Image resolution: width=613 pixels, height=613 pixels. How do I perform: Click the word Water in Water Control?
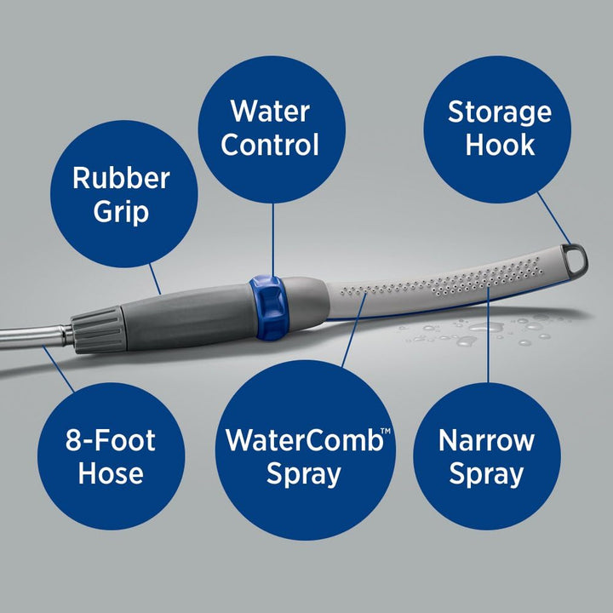[271, 111]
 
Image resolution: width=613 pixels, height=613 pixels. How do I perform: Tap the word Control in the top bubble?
[271, 144]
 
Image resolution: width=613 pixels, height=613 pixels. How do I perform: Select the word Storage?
[500, 112]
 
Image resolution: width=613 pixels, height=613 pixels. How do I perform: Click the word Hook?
[500, 145]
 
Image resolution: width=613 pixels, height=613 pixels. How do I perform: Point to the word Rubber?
[121, 178]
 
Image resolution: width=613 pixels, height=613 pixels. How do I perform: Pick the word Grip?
[121, 211]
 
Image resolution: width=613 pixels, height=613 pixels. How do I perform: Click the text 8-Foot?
[111, 441]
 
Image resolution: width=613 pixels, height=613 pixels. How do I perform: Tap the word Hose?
[111, 473]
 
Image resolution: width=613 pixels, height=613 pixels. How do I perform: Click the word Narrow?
[486, 441]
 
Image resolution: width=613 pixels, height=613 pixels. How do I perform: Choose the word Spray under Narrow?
[486, 474]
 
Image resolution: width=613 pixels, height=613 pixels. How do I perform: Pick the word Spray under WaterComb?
[304, 474]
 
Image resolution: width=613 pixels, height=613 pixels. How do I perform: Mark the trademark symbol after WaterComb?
[385, 433]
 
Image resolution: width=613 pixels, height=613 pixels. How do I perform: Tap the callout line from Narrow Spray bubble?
[488, 341]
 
